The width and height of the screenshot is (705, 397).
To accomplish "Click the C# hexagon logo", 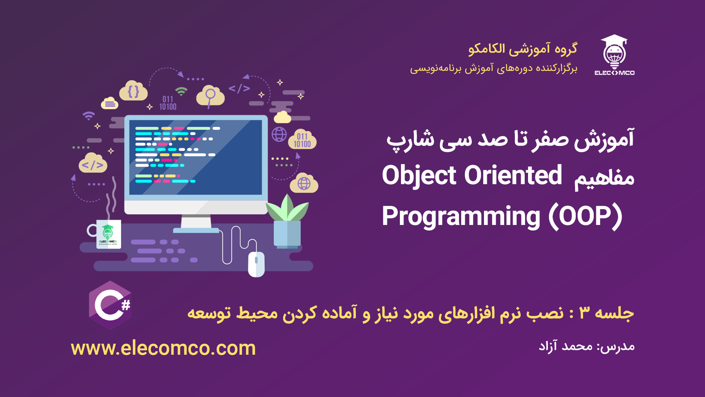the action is coord(110,305).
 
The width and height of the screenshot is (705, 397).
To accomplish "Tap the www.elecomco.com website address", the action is coord(163,348).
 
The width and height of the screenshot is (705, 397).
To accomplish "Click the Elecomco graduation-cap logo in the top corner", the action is coord(614,55).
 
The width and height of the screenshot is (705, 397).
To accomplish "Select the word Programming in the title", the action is coord(461,217).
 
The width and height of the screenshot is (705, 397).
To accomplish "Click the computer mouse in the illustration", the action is coord(256,264).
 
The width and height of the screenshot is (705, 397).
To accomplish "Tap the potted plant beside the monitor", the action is coord(287,221).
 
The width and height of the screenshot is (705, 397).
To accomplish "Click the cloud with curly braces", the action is coord(133,91).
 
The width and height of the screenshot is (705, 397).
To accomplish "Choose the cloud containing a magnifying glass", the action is coord(210,96).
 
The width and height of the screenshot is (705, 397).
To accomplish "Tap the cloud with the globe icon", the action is coord(304,183).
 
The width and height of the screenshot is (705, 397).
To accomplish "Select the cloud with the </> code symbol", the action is coord(93,163).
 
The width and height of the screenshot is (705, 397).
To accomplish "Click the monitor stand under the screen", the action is coord(196,223).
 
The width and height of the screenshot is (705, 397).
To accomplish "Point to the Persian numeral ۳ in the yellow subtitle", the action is coord(584,313).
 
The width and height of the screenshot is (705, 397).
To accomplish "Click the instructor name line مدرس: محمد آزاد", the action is coord(586,346).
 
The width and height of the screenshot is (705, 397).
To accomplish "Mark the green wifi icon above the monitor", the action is coord(181,91).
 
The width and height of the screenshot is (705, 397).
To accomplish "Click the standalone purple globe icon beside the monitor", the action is coord(279,134).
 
